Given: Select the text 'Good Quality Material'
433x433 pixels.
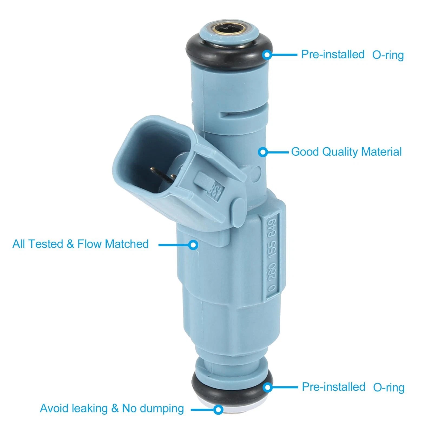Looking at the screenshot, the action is [346, 152].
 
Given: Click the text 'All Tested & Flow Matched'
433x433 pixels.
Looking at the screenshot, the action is [81, 244].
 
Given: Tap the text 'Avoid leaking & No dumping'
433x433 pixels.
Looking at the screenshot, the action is [112, 408].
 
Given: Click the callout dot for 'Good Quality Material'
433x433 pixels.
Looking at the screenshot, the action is [263, 152].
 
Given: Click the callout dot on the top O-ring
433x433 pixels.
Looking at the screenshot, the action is [267, 55].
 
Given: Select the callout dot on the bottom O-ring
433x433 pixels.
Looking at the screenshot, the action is [267, 387].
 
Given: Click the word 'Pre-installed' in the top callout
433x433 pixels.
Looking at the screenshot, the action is [333, 54].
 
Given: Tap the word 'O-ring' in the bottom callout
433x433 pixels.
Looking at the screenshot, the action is [389, 387].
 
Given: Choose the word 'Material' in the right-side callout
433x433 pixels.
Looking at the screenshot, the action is [381, 152].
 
